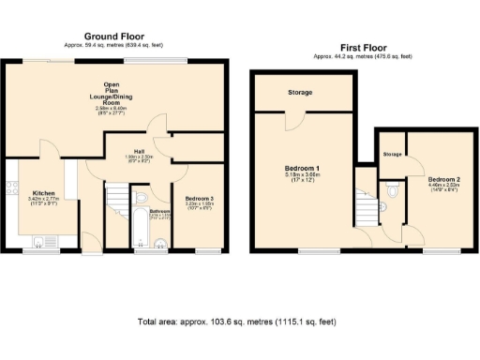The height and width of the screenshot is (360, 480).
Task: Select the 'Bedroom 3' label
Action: [x=197, y=199]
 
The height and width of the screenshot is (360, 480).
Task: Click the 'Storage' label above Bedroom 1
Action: [x=301, y=92]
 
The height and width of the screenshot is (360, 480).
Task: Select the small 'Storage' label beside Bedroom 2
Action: [x=393, y=153]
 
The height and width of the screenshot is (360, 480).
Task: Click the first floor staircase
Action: [x=365, y=207]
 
